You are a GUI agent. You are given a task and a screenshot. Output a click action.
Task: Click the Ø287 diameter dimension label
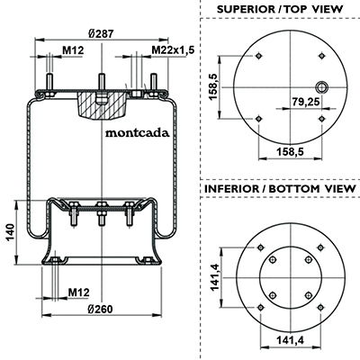pos(102,33)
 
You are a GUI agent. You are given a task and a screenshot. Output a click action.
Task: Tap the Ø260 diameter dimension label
pos(101,309)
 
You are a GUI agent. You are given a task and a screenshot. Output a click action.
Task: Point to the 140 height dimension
pos(11,232)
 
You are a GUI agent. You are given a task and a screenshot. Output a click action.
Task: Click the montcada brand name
pos(137,132)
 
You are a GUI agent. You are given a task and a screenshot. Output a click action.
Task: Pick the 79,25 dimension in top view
pos(306,102)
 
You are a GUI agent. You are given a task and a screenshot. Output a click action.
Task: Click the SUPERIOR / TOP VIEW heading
pos(280,9)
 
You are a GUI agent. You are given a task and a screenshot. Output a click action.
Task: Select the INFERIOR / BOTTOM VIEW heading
pos(280,189)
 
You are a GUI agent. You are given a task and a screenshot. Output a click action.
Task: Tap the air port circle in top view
pos(322,87)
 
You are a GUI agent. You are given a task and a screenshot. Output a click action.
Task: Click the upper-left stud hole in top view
pos(258,56)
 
